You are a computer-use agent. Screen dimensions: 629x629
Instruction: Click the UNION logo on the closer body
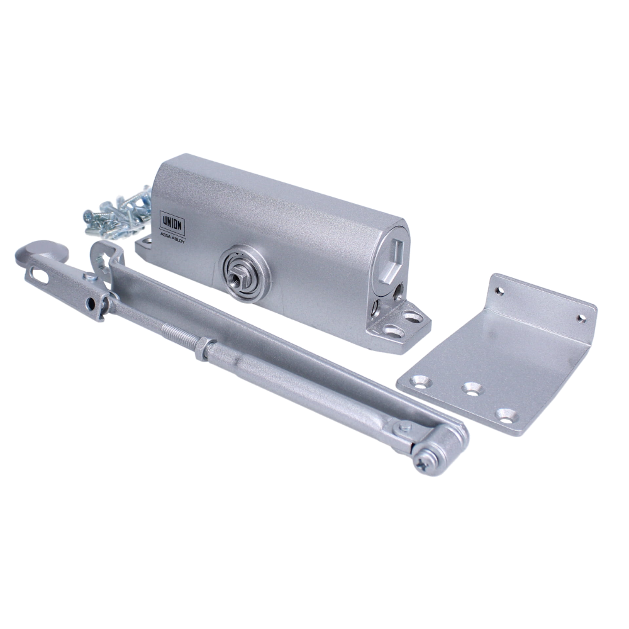click(x=173, y=224)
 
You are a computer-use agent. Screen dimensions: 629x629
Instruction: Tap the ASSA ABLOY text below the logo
click(x=173, y=238)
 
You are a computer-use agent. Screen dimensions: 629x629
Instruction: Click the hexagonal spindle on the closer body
click(x=237, y=274)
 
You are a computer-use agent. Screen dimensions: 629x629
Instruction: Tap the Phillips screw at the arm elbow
click(x=425, y=463)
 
